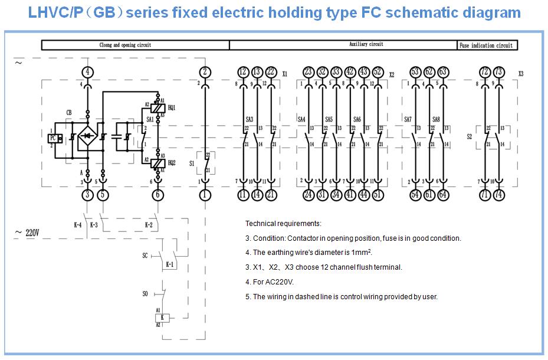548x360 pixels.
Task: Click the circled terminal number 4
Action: [x=87, y=72]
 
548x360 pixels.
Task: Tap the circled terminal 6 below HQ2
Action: [x=157, y=194]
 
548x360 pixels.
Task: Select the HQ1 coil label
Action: [x=171, y=107]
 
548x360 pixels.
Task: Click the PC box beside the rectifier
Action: [x=52, y=138]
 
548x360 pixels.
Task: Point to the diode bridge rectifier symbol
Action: [x=87, y=136]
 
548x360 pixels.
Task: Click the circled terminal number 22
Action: [x=271, y=72]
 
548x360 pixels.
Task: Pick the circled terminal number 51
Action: [x=378, y=194]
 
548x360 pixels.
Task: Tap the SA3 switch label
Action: [x=250, y=119]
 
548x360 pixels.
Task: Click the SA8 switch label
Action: [x=436, y=119]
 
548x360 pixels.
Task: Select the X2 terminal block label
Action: [x=392, y=75]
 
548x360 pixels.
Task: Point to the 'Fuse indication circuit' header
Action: [x=486, y=45]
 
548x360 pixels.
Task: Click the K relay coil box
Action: [x=164, y=318]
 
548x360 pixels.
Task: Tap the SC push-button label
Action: [x=145, y=256]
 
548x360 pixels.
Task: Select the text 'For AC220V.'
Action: [x=269, y=282]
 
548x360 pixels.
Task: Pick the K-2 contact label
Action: [x=150, y=225]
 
